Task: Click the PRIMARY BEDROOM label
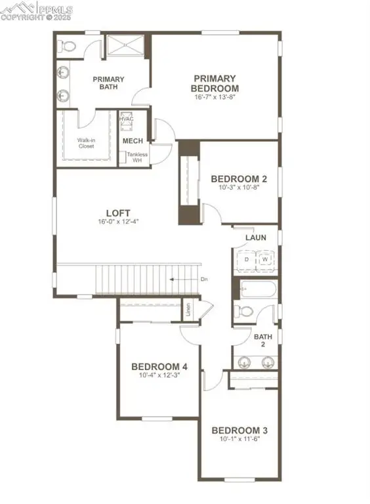(215, 82)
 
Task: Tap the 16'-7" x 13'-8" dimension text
(215, 97)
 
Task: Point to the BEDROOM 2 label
(238, 178)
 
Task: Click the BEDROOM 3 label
(239, 430)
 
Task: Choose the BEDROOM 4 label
(159, 366)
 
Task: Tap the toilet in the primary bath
(67, 45)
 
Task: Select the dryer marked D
(246, 259)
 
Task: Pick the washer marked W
(266, 259)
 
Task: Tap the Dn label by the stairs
(205, 280)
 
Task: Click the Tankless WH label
(137, 157)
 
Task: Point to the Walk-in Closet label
(85, 142)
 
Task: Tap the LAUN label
(255, 238)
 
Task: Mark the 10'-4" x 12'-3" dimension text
(159, 376)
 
